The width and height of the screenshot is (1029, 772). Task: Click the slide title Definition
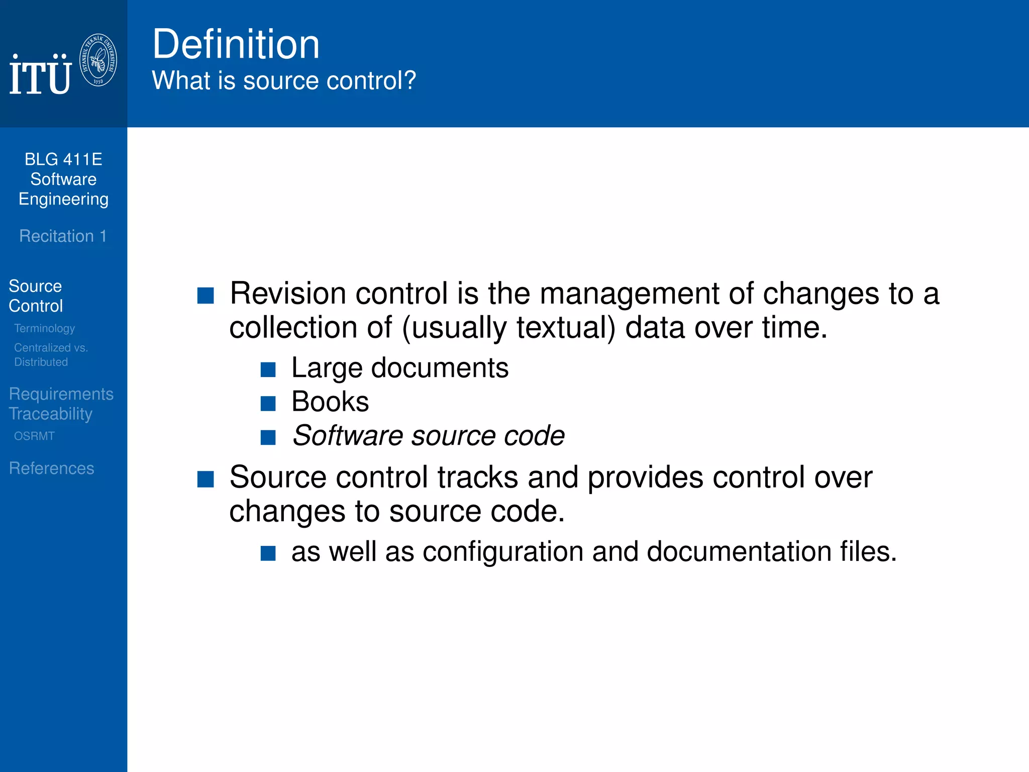(236, 44)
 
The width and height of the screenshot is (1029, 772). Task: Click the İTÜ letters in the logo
(40, 75)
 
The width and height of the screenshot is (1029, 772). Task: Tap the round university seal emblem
(98, 60)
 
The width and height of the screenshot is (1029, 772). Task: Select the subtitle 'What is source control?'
(284, 80)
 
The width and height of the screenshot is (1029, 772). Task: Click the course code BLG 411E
(63, 159)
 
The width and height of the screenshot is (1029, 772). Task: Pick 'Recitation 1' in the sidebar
(63, 236)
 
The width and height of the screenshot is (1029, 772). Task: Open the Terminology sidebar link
(44, 328)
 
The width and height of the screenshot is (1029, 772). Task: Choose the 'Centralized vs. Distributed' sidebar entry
(50, 354)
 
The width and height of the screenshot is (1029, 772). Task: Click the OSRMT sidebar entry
(34, 436)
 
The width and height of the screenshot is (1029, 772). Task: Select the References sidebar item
(51, 468)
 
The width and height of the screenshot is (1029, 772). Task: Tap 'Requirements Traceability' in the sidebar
(61, 404)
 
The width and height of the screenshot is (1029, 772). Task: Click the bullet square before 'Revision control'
(205, 296)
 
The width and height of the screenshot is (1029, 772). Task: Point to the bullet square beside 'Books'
(268, 404)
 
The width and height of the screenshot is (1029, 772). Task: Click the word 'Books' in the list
(330, 402)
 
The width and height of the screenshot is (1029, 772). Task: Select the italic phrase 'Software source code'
(429, 435)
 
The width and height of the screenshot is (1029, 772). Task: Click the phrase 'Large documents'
(400, 368)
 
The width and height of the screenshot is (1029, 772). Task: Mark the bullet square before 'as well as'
(268, 553)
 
